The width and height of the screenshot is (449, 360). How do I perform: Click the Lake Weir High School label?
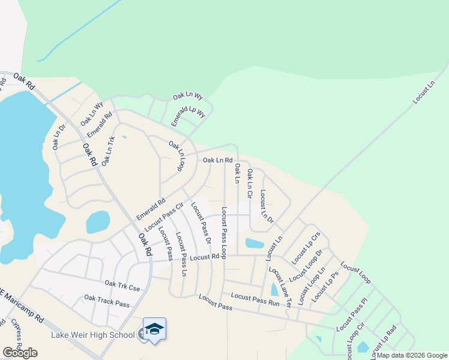pos(101,334)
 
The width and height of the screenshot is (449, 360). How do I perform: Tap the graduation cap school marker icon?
pos(154,329)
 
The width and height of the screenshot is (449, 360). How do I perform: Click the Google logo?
pos(20,353)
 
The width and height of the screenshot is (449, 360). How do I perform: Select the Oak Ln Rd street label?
pos(217,160)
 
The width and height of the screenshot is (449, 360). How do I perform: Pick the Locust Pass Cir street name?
pos(163,217)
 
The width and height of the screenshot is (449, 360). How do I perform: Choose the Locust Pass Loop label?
pos(223,232)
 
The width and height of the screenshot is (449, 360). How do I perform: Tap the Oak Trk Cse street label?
pos(122,286)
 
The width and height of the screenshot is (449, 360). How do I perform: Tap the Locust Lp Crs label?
pos(306,247)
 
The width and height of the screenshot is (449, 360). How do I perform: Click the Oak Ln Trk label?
pos(107,151)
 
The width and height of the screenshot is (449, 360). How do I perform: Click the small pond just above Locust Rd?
pos(255,243)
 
